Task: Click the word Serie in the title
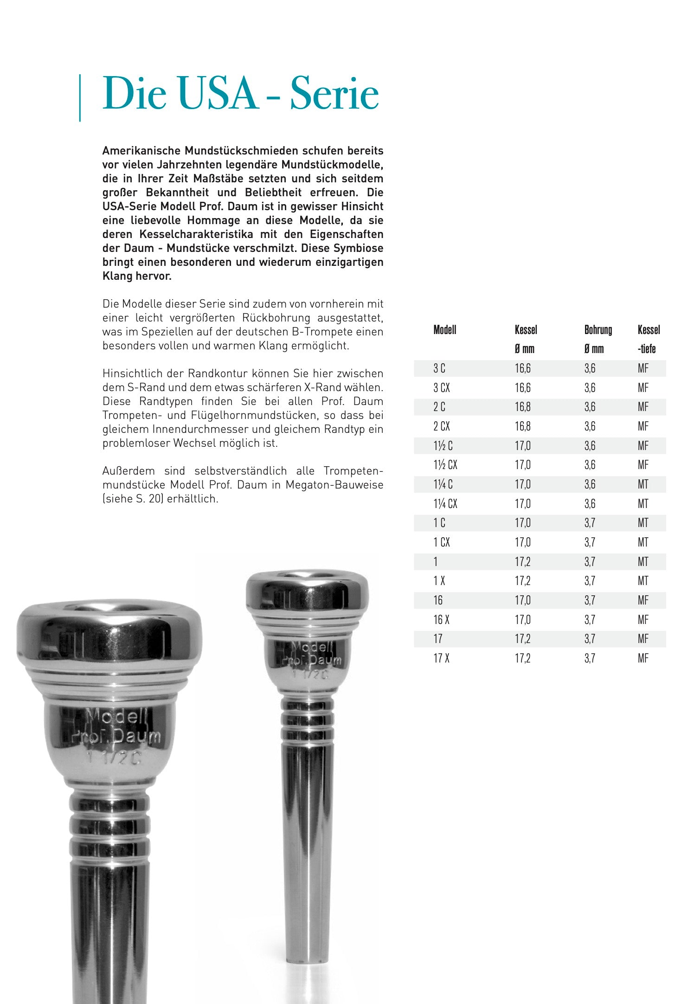[x=334, y=94]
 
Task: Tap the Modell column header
[x=444, y=330]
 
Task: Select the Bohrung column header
[x=598, y=330]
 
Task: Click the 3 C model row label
[x=439, y=368]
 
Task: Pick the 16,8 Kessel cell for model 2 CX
[x=522, y=426]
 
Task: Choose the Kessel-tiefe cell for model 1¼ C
[x=643, y=484]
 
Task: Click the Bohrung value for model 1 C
[x=589, y=523]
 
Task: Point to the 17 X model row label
[x=441, y=658]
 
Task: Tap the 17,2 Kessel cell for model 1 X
[x=522, y=581]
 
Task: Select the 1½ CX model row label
[x=445, y=465]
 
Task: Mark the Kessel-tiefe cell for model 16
[x=643, y=600]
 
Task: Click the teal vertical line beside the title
[x=80, y=98]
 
